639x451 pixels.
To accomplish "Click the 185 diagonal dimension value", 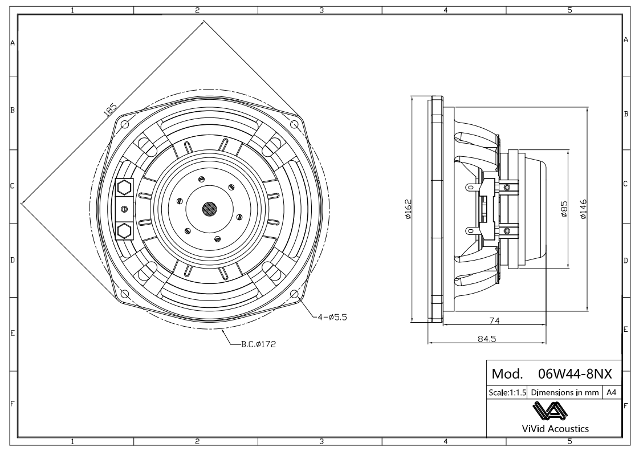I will pyautogui.click(x=111, y=109).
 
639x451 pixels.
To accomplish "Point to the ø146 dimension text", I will pyautogui.click(x=583, y=209).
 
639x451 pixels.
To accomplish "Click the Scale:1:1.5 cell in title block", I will pyautogui.click(x=507, y=393).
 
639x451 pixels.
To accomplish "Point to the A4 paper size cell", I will pyautogui.click(x=610, y=393).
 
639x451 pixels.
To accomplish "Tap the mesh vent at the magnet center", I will pyautogui.click(x=209, y=209).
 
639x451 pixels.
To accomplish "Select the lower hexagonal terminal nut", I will pyautogui.click(x=124, y=231).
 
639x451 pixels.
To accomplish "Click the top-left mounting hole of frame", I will pyautogui.click(x=125, y=124).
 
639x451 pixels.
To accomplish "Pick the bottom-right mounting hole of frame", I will pyautogui.click(x=294, y=294).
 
